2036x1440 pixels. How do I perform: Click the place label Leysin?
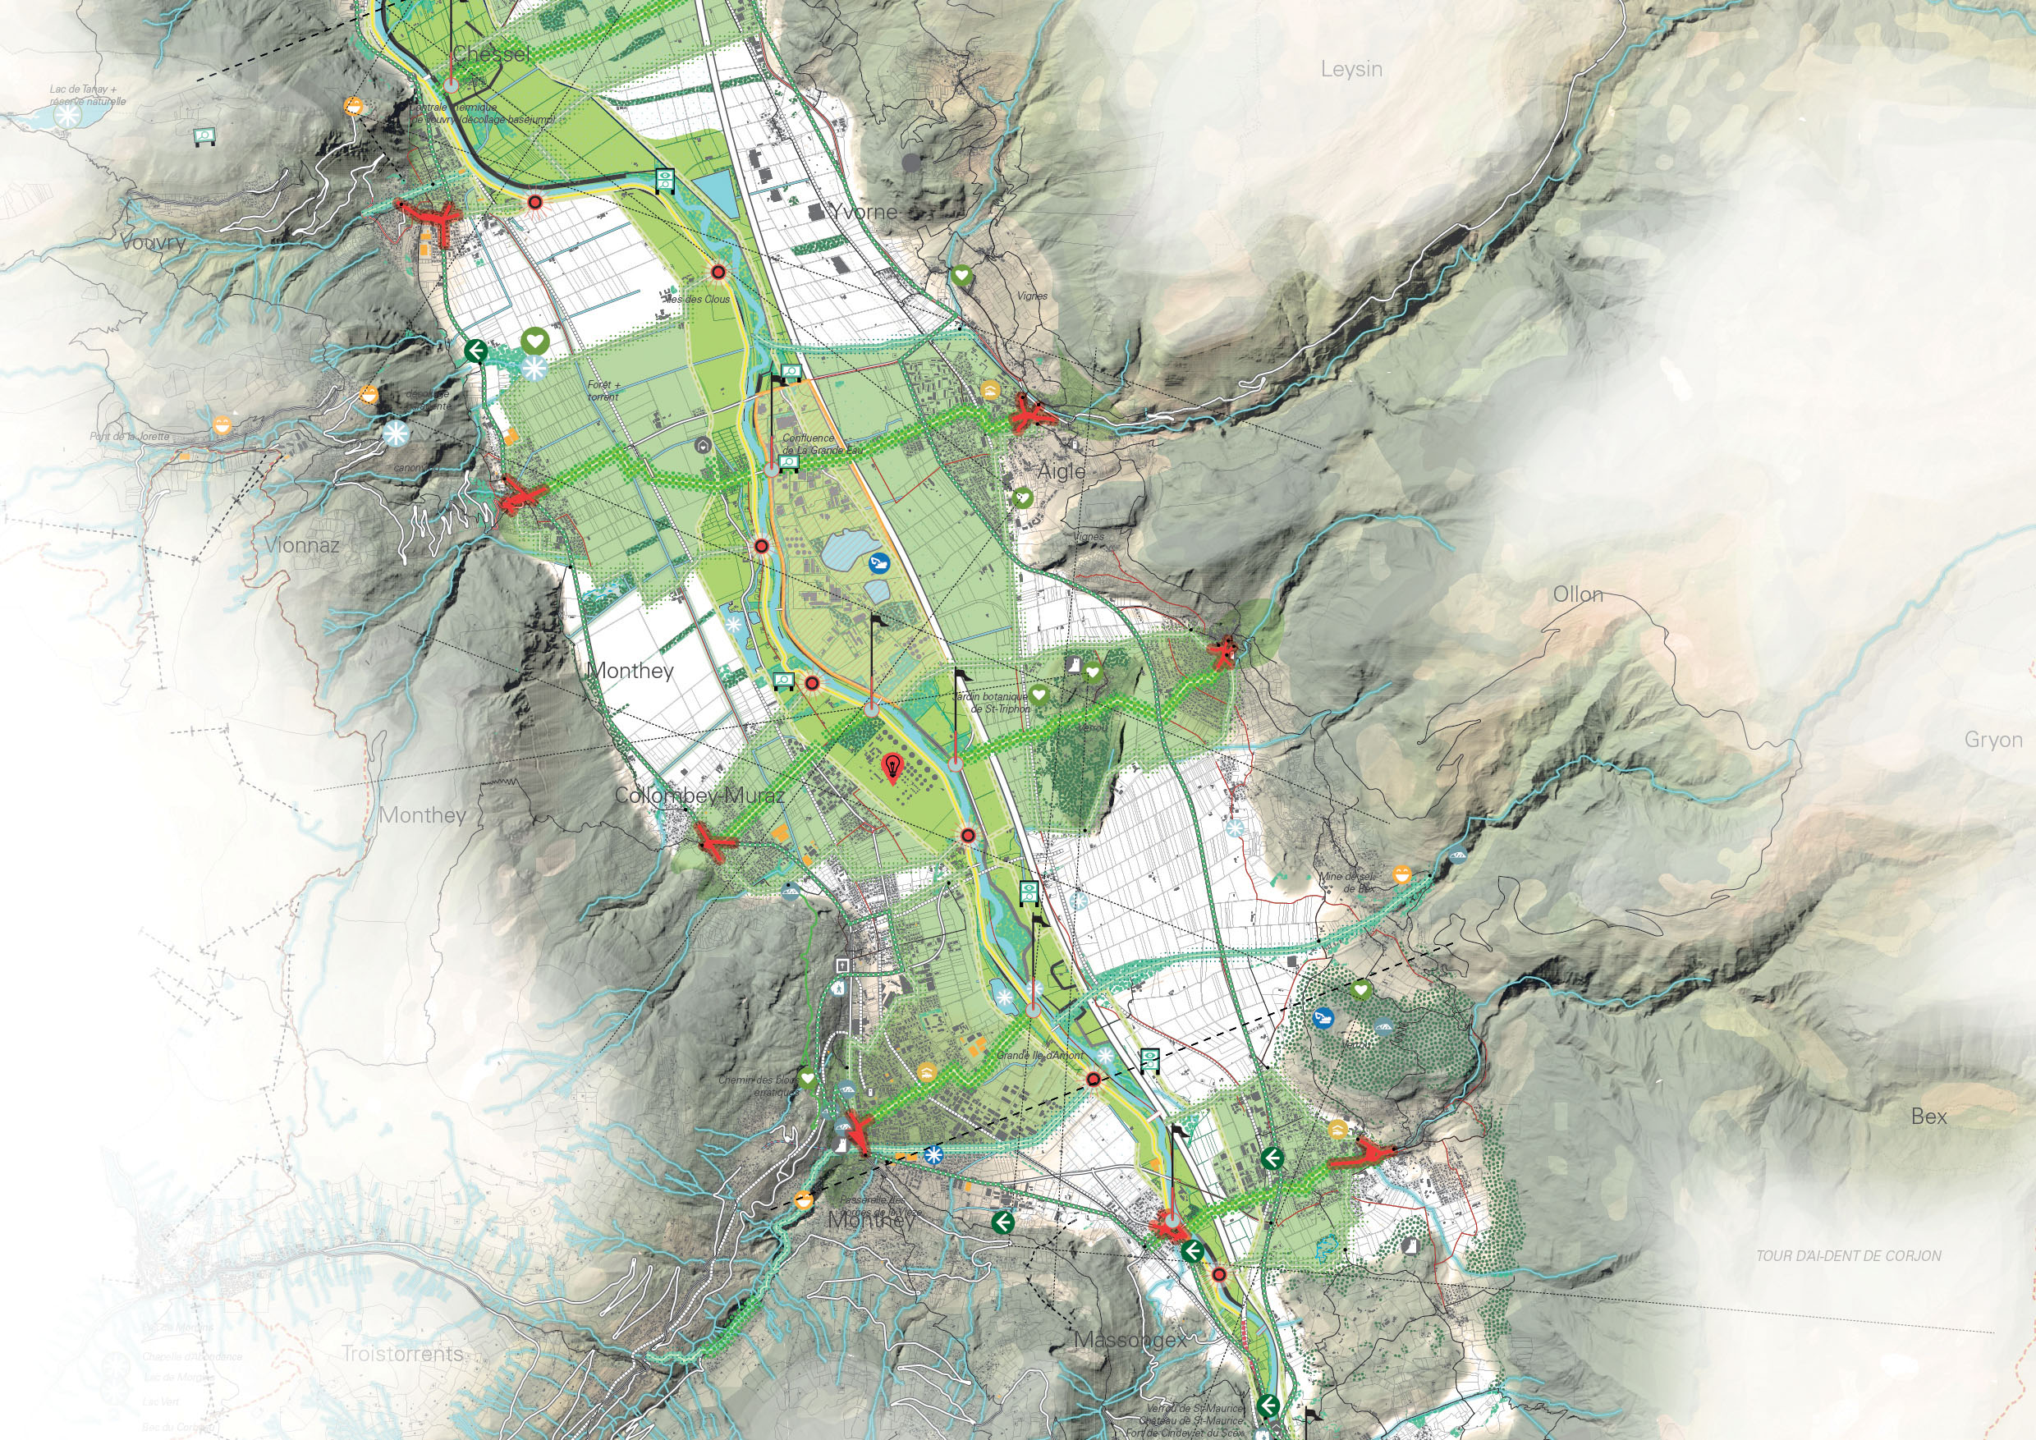1351,69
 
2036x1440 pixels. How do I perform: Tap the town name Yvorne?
864,212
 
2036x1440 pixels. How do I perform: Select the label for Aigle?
1062,471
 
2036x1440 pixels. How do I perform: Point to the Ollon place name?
1578,594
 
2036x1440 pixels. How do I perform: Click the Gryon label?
1993,740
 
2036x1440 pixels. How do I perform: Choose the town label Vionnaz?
301,545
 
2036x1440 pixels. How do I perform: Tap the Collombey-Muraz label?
699,796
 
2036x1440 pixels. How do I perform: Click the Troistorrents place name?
403,1353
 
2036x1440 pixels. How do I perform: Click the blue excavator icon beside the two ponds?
878,562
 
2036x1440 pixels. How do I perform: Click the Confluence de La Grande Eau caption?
822,443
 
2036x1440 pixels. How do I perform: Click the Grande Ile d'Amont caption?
1029,1056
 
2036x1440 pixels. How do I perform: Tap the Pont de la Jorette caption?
129,436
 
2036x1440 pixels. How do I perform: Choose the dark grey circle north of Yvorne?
912,163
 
